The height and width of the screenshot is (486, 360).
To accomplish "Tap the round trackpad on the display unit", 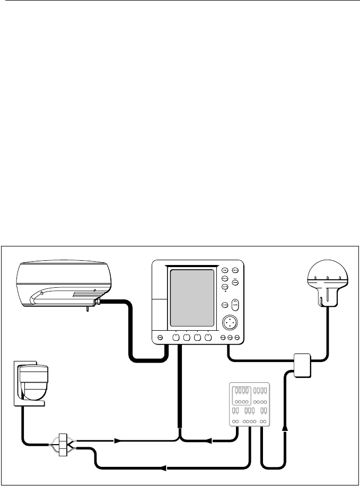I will click(x=230, y=322).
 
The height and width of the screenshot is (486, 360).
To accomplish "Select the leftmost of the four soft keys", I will click(x=175, y=338).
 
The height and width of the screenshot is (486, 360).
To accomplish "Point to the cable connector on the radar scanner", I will click(x=97, y=303).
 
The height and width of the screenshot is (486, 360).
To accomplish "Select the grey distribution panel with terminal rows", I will click(x=249, y=404).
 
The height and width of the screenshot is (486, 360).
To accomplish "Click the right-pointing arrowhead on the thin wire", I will click(x=118, y=440).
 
